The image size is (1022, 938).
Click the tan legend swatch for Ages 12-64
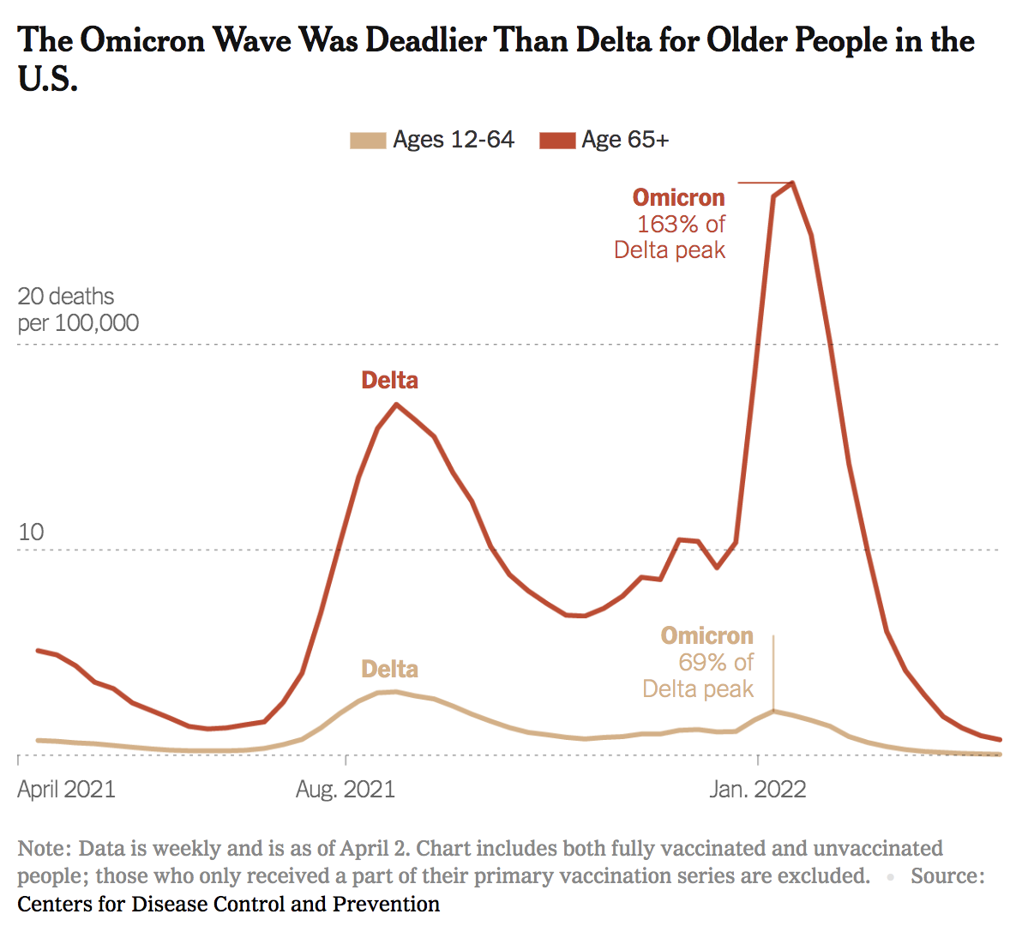pos(368,141)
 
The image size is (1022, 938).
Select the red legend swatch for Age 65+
pos(556,141)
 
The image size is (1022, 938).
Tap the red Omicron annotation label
pos(678,198)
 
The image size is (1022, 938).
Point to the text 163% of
pos(681,225)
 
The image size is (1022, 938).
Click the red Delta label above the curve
pos(389,381)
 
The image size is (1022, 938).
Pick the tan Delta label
pos(389,670)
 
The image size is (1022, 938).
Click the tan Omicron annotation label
pos(706,636)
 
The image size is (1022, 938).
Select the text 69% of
pos(715,663)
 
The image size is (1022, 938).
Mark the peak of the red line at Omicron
pos(792,183)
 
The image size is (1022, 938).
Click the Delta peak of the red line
pos(395,404)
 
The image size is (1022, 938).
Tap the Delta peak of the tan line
pos(394,691)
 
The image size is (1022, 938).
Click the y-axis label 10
pos(30,532)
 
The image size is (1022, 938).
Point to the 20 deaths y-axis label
pos(66,298)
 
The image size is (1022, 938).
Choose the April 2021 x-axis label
pos(66,790)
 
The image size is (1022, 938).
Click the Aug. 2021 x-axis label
pos(346,790)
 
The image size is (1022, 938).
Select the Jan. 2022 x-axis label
pos(758,790)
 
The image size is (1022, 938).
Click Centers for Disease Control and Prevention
pos(228,905)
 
